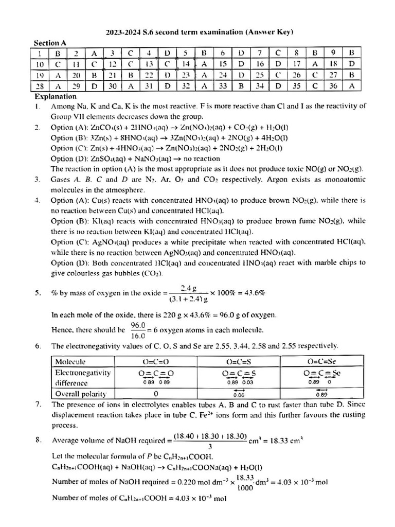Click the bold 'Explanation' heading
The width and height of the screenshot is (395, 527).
56,96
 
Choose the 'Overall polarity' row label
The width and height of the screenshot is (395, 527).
80,394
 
